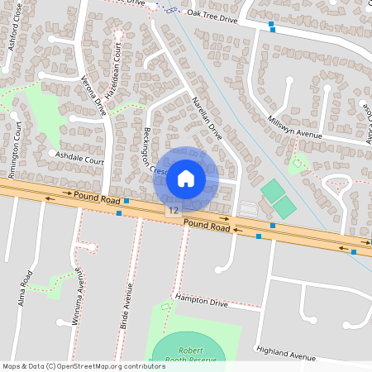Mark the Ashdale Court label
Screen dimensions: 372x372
pyautogui.click(x=77, y=155)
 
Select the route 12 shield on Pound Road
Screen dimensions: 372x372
pyautogui.click(x=172, y=212)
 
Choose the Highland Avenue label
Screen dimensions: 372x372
pyautogui.click(x=286, y=354)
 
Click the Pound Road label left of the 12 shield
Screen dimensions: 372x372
pyautogui.click(x=97, y=198)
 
